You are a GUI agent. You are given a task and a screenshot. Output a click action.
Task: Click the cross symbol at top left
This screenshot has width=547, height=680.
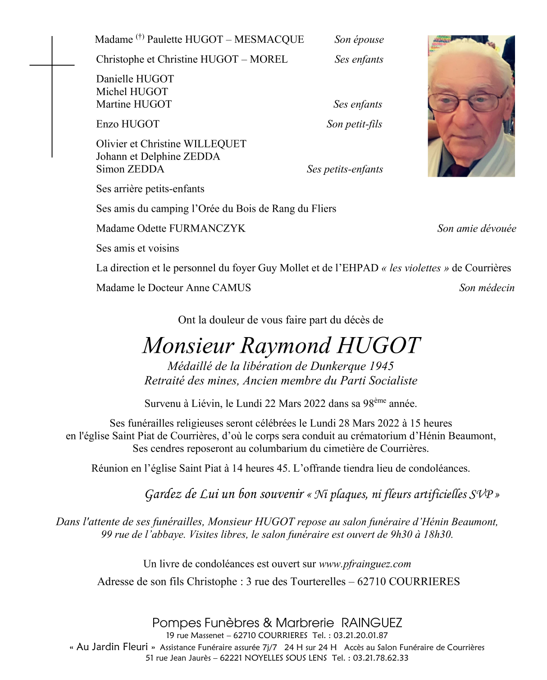pyautogui.click(x=52, y=66)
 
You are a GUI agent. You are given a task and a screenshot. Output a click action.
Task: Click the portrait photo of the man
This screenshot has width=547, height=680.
pyautogui.click(x=471, y=106)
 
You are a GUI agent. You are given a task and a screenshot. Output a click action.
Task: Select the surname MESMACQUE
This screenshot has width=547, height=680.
pyautogui.click(x=269, y=40)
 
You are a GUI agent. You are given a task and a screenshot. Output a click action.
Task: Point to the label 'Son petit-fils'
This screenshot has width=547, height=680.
pyautogui.click(x=354, y=124)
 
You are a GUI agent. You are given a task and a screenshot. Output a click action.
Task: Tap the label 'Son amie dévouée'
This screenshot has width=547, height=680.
pyautogui.click(x=476, y=228)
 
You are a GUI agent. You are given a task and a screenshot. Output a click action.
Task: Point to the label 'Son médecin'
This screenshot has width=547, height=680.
pyautogui.click(x=487, y=288)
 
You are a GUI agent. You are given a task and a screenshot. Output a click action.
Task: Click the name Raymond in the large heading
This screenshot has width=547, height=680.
pyautogui.click(x=285, y=346)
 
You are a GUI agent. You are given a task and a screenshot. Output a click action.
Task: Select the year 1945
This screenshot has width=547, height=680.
pyautogui.click(x=381, y=366)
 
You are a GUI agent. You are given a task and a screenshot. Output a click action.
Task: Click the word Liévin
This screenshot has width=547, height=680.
pyautogui.click(x=206, y=404)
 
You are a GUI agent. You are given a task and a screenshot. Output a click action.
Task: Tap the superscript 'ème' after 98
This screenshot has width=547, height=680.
pyautogui.click(x=380, y=400)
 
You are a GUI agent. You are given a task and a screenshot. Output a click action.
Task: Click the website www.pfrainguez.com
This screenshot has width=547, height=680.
pyautogui.click(x=365, y=564)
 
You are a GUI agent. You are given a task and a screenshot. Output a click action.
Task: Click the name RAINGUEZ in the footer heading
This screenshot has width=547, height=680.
pyautogui.click(x=371, y=623)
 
